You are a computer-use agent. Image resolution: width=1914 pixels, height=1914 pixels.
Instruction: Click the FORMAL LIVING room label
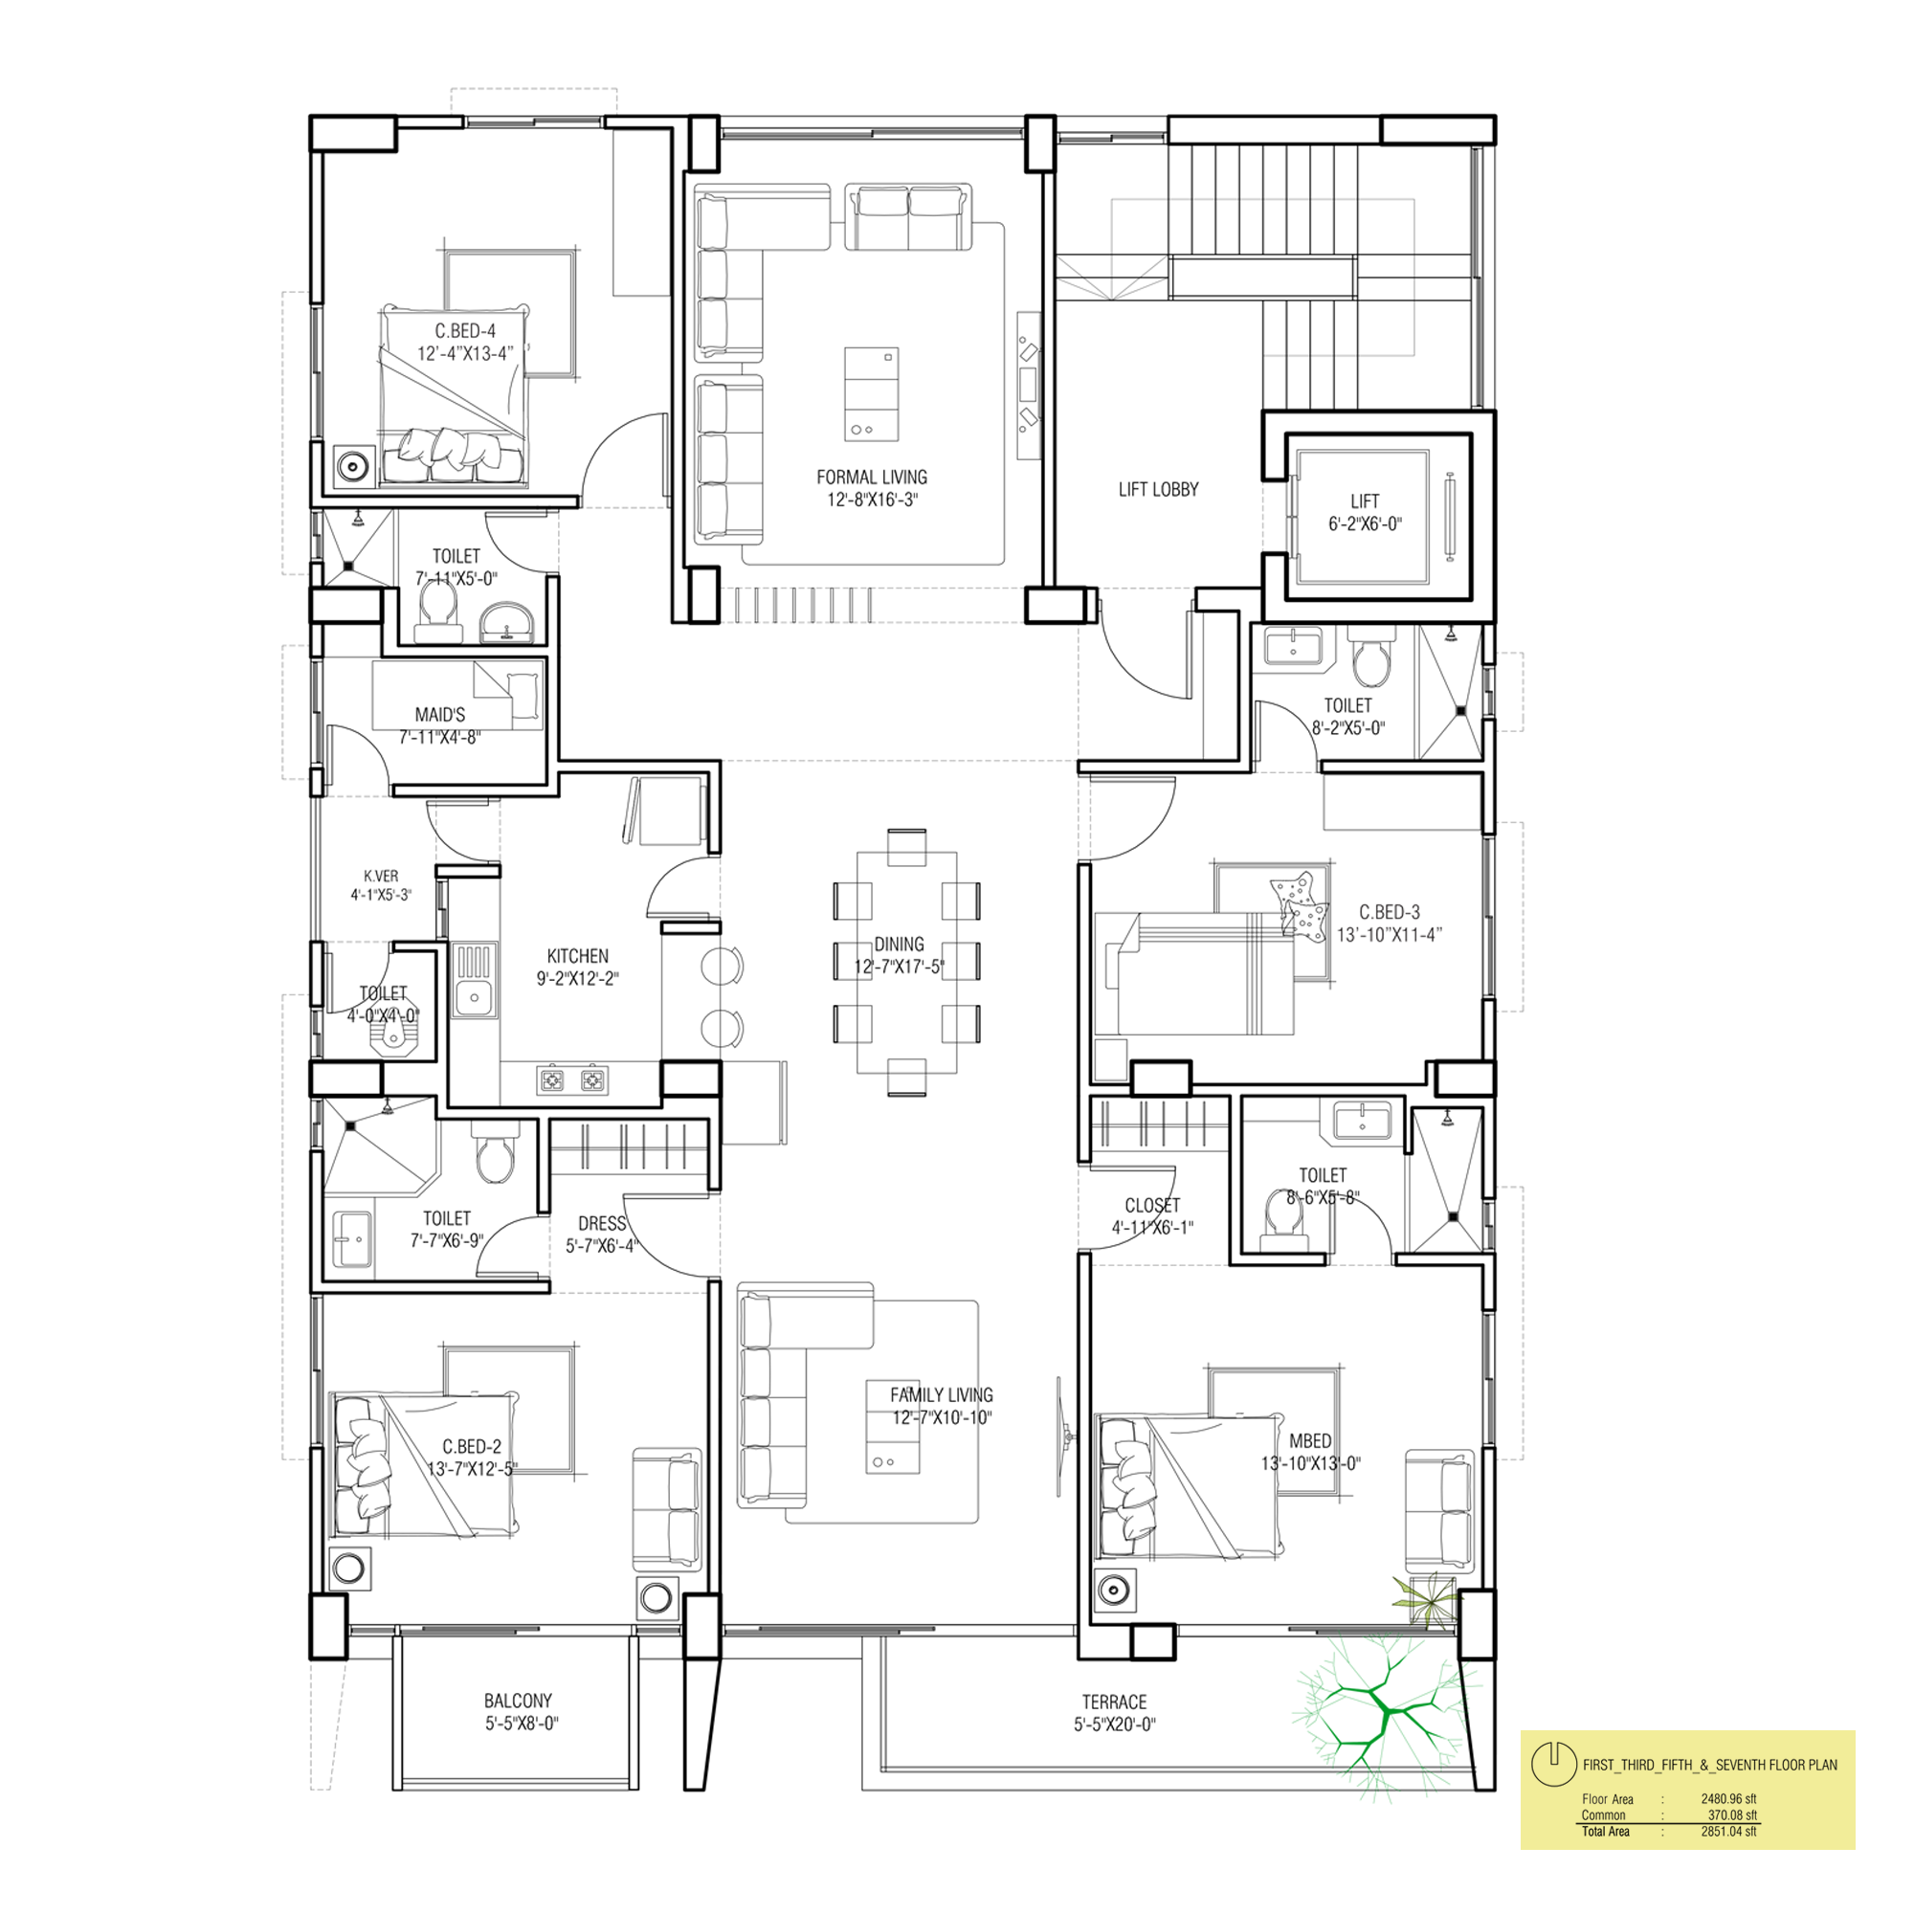pos(872,478)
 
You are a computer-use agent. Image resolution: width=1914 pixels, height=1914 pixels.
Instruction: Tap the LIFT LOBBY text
pos(1158,489)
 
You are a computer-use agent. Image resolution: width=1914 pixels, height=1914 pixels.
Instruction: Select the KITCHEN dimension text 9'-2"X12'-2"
pos(578,979)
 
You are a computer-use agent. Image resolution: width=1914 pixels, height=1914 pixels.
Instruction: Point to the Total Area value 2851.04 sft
pos(1728,1832)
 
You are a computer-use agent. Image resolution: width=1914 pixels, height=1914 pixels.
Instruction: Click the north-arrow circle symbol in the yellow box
pos(1553,1763)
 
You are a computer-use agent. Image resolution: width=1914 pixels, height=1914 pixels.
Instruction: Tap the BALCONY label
pos(518,1701)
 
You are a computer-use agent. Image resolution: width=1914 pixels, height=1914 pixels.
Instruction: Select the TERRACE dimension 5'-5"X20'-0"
pos(1115,1725)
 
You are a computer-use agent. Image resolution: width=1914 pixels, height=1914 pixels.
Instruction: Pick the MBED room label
pos(1311,1441)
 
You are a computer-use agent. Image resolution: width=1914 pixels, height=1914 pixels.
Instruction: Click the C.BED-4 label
pos(466,331)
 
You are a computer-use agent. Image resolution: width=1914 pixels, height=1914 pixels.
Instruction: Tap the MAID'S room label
pos(440,714)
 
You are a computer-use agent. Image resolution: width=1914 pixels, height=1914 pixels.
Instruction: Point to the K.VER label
pos(382,876)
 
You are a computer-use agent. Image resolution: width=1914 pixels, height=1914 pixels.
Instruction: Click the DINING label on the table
pos(900,945)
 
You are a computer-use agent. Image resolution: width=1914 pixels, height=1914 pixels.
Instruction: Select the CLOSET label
pos(1152,1206)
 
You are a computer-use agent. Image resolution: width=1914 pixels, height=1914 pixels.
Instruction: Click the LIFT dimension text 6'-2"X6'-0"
pos(1366,524)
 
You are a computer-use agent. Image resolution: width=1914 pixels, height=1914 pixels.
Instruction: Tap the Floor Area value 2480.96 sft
pos(1728,1799)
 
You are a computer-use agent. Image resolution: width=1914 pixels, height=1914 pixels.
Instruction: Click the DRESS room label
pos(602,1223)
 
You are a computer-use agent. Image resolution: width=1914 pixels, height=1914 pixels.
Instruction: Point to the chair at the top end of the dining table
pos(906,847)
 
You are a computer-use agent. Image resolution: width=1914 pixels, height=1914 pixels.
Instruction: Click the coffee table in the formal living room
pos(872,393)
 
